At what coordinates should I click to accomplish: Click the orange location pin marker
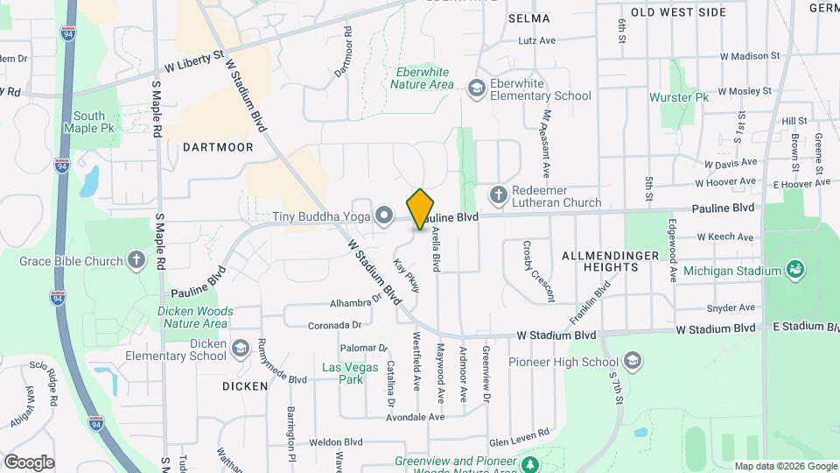click(x=421, y=208)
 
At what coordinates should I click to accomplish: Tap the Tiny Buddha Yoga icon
click(x=383, y=215)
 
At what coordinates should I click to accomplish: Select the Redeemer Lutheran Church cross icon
click(x=498, y=195)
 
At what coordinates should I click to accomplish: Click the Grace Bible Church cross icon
click(x=136, y=259)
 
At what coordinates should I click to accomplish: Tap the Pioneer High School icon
click(x=633, y=362)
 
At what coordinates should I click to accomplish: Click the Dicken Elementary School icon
click(x=239, y=349)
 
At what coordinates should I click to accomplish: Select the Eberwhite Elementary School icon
click(x=476, y=88)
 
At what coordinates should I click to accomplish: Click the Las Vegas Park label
click(x=342, y=373)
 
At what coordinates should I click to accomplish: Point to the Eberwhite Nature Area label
click(x=422, y=78)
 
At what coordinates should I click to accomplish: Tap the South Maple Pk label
click(x=89, y=122)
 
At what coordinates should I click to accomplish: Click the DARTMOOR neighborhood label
click(x=218, y=147)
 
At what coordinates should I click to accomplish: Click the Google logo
click(x=29, y=462)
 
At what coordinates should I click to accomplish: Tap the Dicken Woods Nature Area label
click(x=195, y=317)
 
